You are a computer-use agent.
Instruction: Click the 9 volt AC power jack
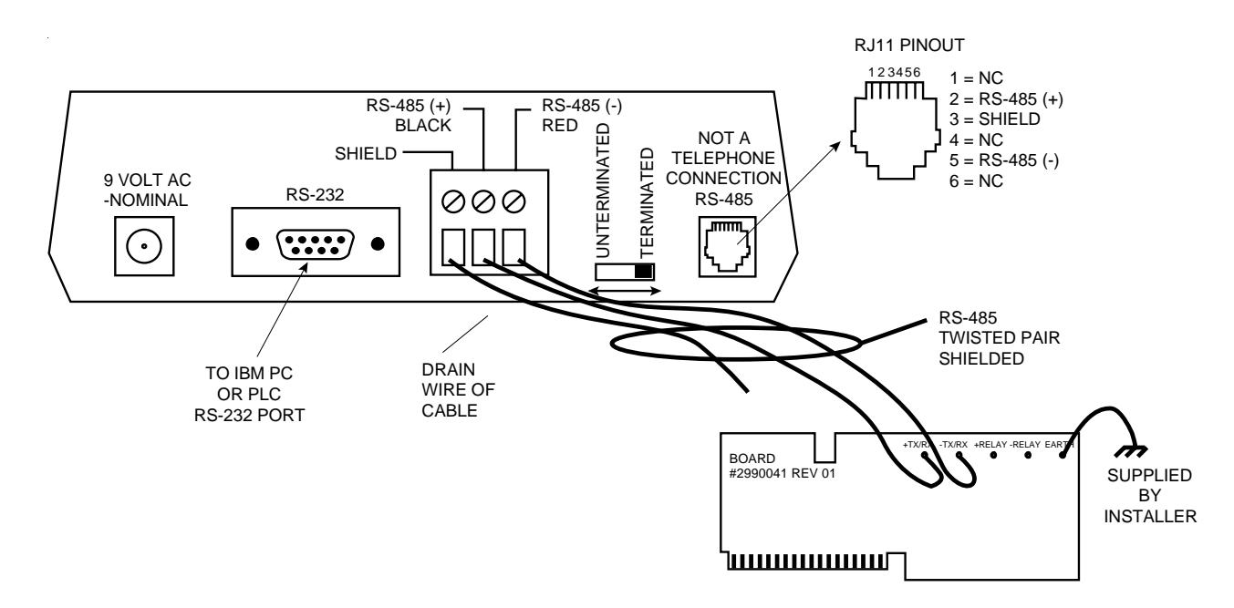point(144,246)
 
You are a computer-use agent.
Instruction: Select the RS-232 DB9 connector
point(315,244)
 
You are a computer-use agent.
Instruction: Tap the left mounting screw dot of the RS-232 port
point(253,243)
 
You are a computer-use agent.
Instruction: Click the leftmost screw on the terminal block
point(453,201)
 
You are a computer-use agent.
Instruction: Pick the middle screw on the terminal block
point(483,201)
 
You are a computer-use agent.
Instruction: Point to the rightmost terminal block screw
point(513,201)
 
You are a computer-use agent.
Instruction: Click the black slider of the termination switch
point(643,272)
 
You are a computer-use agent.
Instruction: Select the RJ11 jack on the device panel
point(727,247)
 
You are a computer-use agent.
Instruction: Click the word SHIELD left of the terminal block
point(365,153)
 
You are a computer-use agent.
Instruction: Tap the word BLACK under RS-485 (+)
point(423,126)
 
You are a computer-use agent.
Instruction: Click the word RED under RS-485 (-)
point(560,126)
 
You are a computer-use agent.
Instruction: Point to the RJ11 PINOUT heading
point(909,46)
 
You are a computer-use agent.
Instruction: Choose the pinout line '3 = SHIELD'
point(994,119)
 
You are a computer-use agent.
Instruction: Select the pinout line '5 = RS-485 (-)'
point(1004,160)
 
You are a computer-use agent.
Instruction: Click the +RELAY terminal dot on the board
point(993,455)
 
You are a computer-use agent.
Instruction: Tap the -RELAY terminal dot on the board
point(1028,455)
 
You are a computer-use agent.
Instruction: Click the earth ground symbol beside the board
point(1130,451)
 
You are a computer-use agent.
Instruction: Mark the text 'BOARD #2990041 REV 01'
point(782,466)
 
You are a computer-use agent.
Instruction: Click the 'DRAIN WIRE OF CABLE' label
point(458,390)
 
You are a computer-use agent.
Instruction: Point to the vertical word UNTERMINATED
point(603,191)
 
